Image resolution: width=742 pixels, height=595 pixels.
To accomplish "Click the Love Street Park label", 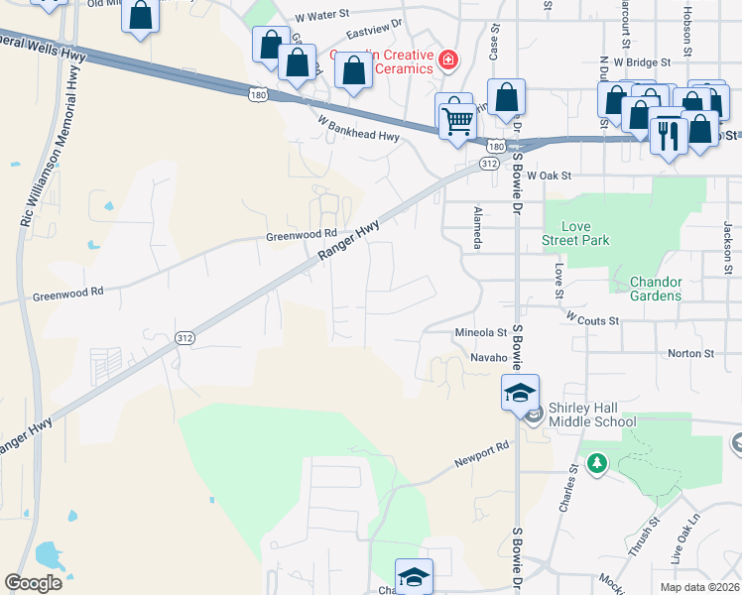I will coord(575,233).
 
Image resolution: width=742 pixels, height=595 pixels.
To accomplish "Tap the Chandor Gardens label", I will coord(656,289).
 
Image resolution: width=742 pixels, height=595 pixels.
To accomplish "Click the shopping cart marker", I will coord(457,121).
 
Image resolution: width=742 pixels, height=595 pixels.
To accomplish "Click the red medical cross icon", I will coord(448,60).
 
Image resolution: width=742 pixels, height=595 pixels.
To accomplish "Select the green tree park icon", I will coord(596,463).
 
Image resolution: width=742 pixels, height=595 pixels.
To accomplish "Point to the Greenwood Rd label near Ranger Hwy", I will coord(295,236).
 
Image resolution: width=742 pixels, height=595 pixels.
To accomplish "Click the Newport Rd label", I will coord(482,453).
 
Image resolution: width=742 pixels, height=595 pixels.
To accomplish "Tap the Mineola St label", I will coord(480,333).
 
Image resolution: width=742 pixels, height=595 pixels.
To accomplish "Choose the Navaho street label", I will coord(489,357).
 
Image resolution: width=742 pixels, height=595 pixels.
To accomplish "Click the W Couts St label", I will coord(591,320).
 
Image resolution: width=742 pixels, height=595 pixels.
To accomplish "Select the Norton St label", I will coord(691,353).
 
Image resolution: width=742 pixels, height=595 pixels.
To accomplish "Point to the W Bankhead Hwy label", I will coord(358,129).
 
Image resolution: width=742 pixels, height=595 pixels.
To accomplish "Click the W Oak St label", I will coord(550,176).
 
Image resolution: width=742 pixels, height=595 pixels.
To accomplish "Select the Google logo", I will coord(34,582).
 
